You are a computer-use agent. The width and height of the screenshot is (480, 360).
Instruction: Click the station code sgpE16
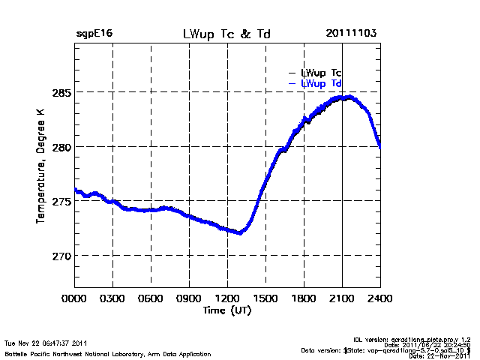94,34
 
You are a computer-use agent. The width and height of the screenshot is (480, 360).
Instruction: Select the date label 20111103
351,34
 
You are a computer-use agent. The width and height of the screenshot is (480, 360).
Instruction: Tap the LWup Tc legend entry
321,72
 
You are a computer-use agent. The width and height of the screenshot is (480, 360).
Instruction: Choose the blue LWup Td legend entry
321,83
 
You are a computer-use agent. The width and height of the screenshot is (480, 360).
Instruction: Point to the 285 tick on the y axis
60,92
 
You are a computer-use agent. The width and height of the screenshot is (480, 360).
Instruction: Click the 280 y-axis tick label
60,147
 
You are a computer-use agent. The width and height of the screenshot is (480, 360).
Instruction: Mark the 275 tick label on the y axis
60,201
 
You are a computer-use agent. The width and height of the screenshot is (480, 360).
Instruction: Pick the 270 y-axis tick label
60,256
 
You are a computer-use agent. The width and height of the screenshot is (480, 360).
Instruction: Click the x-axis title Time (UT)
227,310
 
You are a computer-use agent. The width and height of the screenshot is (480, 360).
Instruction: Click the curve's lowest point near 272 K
239,232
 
